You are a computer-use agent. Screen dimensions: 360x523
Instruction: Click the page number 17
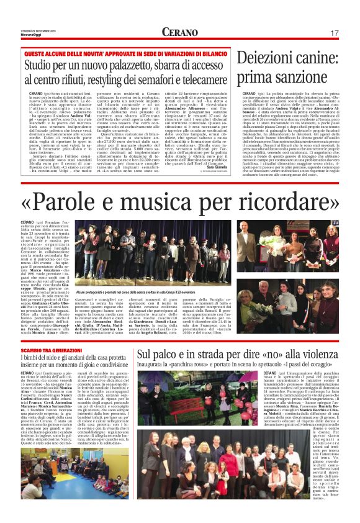click(x=335, y=33)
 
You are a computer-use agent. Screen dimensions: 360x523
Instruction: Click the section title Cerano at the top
click(x=179, y=32)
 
